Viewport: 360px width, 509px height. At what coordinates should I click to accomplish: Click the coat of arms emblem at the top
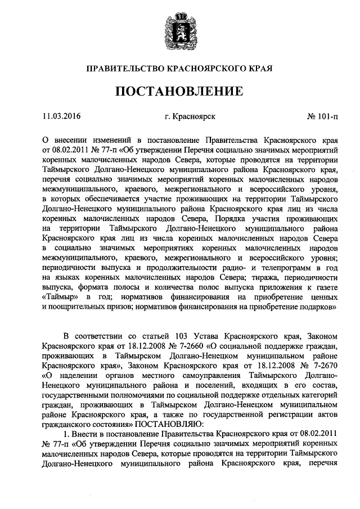coord(180,30)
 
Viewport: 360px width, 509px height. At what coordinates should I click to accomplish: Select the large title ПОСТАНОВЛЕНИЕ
coord(180,91)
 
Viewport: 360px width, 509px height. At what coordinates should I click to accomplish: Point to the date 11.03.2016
coord(62,117)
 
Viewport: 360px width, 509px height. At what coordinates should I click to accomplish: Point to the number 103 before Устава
coord(173,336)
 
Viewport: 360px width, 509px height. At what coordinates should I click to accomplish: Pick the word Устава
coord(197,336)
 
